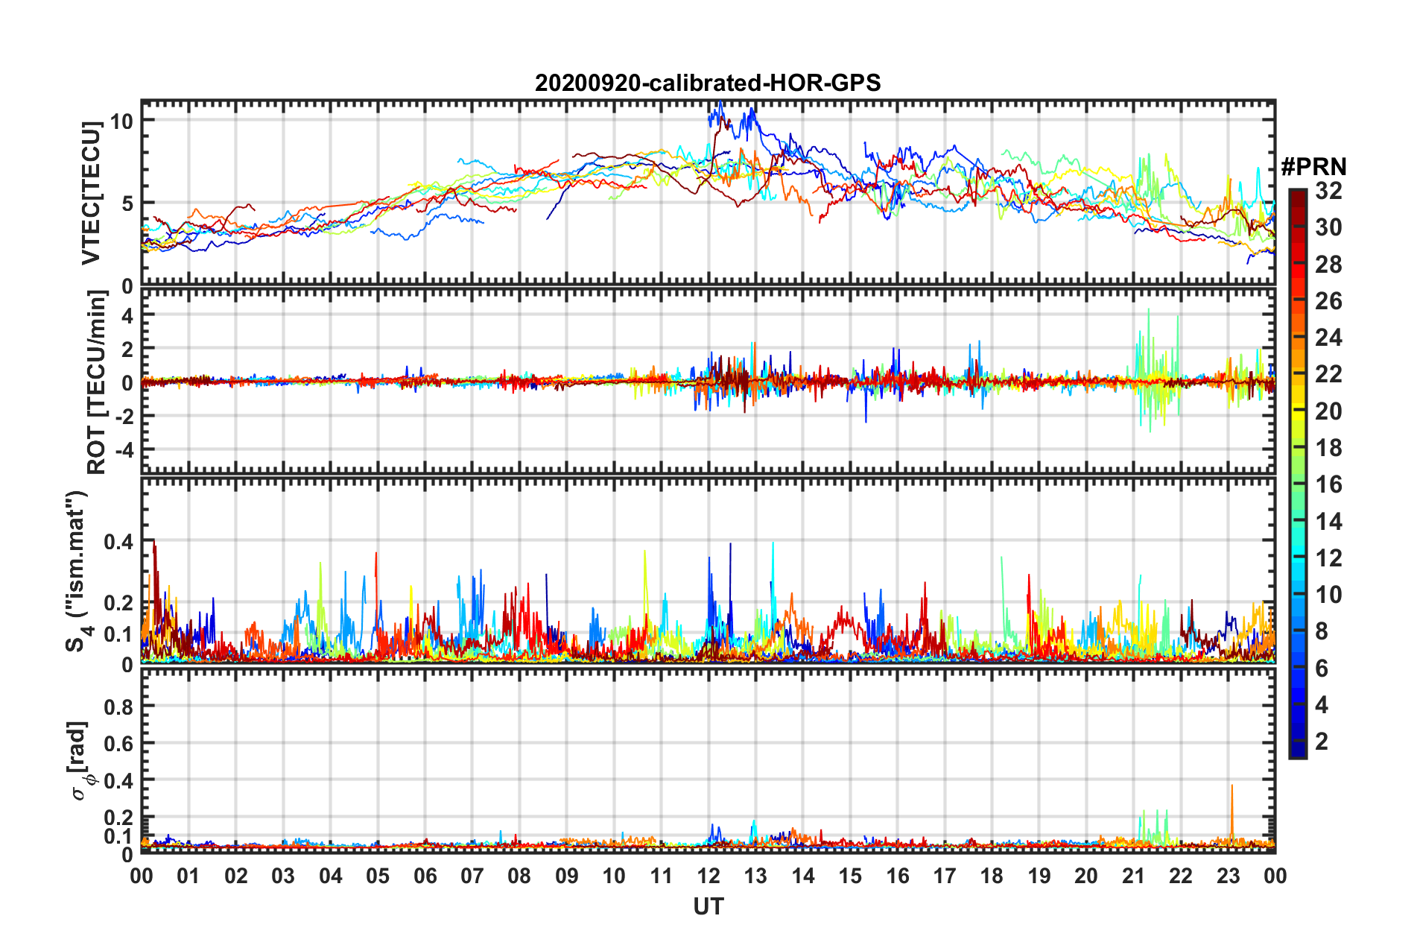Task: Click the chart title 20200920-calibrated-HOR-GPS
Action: [707, 83]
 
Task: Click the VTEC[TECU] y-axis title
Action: [91, 193]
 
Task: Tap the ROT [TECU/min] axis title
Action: [97, 382]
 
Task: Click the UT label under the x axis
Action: [708, 906]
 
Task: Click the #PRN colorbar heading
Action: [1313, 167]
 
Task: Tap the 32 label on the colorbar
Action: [1328, 191]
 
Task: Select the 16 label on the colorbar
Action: [1328, 484]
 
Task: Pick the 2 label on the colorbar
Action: [1322, 741]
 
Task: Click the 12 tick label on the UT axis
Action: [708, 876]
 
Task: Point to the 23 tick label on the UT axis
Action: [1228, 876]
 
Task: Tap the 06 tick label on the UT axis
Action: [425, 876]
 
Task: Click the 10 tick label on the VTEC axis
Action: [121, 121]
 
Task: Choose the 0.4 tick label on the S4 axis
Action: [118, 542]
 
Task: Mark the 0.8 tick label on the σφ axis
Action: [118, 707]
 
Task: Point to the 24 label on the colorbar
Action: [1328, 338]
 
